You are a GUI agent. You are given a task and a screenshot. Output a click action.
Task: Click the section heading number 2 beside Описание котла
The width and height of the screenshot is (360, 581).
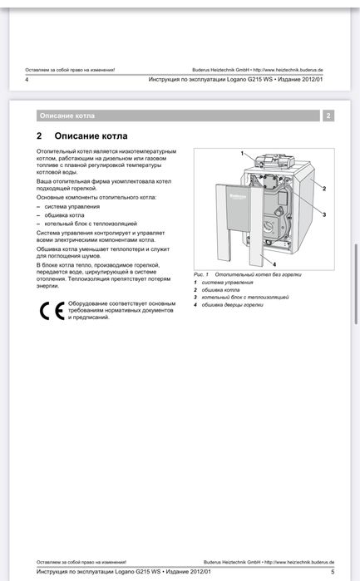click(39, 135)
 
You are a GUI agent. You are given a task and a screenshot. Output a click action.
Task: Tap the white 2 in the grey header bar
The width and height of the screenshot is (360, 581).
click(328, 116)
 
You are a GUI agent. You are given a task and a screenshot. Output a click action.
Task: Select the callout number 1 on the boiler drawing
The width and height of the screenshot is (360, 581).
click(242, 154)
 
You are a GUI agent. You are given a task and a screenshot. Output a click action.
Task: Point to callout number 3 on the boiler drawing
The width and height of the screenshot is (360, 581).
click(323, 214)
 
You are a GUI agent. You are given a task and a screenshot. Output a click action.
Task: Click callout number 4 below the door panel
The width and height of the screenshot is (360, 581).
click(274, 263)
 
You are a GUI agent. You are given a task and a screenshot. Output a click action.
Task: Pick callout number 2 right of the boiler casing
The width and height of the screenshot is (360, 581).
click(323, 189)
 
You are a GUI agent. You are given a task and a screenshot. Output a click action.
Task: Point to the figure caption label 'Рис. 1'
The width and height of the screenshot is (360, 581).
click(201, 273)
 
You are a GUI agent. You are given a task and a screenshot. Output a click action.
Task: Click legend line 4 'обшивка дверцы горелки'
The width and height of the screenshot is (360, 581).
click(232, 304)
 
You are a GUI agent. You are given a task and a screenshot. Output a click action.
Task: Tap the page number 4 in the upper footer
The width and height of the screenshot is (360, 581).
click(27, 80)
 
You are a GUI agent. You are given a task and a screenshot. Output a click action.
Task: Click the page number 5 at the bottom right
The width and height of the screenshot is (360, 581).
click(332, 572)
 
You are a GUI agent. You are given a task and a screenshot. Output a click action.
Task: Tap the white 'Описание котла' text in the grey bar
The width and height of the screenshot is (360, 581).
click(67, 116)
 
